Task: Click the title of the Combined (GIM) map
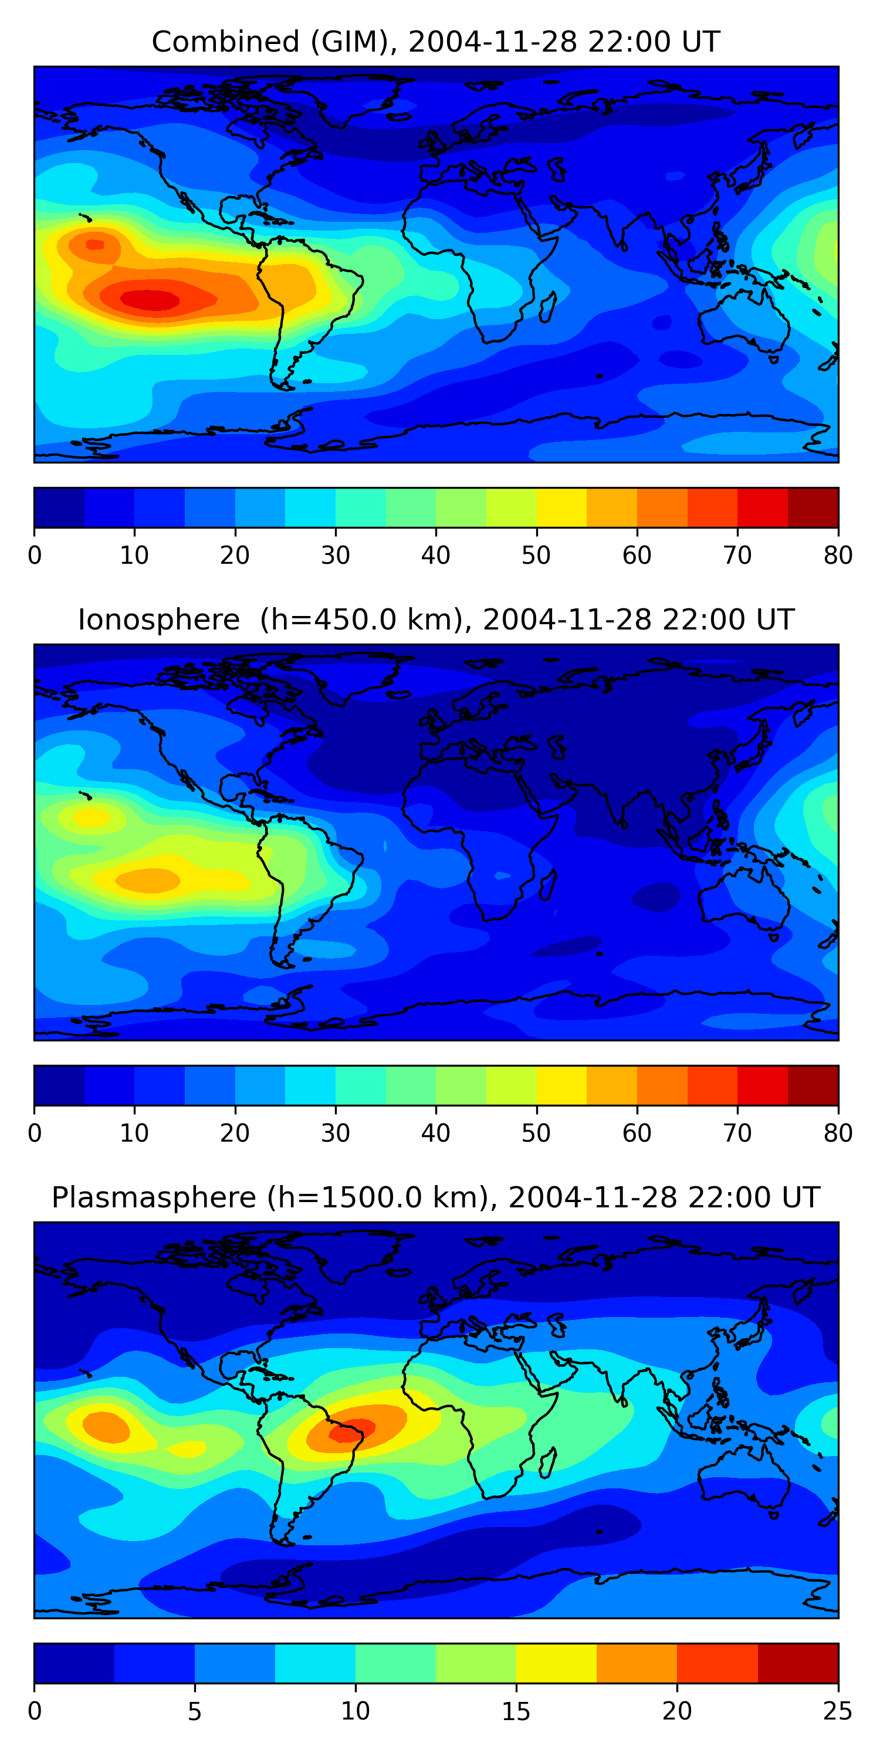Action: pos(435,42)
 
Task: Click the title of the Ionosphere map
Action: pos(435,620)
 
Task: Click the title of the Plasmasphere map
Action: pos(435,1198)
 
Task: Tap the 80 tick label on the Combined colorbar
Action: pos(838,556)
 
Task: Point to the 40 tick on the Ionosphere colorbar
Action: pos(436,1133)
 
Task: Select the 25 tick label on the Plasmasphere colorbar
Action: pos(838,1711)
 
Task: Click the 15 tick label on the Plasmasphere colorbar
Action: pos(516,1711)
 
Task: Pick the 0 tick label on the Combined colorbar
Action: pos(35,556)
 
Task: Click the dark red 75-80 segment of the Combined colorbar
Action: pos(813,507)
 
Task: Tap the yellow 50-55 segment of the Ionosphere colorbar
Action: pos(561,1085)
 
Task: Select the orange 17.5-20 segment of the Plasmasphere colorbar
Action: pos(637,1663)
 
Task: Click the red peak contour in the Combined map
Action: pos(150,299)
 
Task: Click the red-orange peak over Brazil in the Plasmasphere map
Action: pos(353,1429)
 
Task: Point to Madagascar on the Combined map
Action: pos(549,307)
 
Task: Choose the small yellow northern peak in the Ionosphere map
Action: pos(91,817)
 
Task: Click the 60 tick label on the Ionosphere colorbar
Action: pos(637,1133)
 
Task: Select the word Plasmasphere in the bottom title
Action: pos(154,1198)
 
